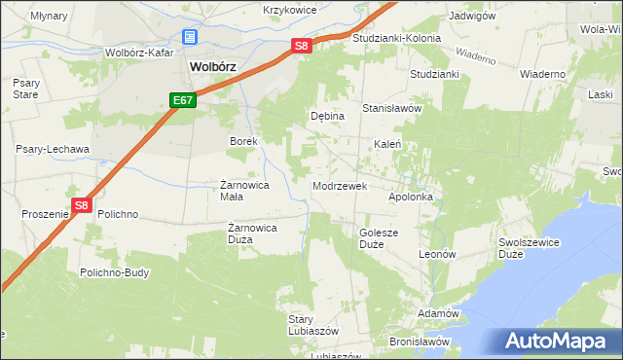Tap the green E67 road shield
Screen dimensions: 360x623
coord(183,100)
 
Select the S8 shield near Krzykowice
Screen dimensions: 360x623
coord(302,46)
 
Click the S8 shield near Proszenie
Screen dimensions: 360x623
coord(82,205)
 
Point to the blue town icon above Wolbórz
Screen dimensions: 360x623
coord(190,38)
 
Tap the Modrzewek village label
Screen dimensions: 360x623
coord(339,185)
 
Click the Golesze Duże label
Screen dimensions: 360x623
coord(380,238)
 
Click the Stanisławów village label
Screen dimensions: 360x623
coord(392,108)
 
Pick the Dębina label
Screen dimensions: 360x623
coord(327,116)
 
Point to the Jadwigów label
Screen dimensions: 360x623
coord(473,17)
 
